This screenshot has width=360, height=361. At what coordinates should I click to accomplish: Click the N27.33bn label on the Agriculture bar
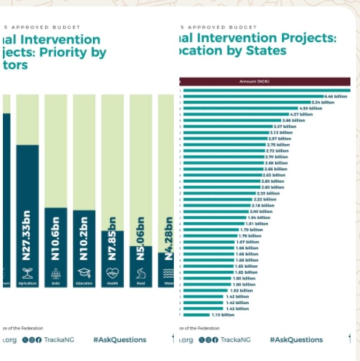click(x=27, y=235)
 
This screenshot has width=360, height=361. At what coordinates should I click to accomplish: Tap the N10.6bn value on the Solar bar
click(x=55, y=238)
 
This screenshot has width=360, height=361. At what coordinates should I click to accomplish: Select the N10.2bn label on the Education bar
click(x=83, y=238)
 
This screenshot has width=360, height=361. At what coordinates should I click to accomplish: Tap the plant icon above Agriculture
click(x=27, y=273)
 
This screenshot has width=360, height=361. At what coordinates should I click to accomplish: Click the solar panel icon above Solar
click(x=55, y=273)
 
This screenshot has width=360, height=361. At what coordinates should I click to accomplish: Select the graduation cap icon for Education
click(x=84, y=273)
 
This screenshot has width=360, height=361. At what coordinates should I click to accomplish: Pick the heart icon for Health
click(x=112, y=273)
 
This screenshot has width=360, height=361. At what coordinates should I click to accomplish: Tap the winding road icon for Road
click(x=141, y=273)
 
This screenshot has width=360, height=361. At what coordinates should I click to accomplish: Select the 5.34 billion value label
click(x=323, y=102)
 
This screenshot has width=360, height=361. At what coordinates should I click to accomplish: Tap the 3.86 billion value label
click(x=293, y=120)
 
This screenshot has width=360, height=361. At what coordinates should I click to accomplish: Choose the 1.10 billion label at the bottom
click(x=222, y=315)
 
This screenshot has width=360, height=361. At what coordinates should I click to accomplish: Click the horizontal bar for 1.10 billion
click(x=196, y=315)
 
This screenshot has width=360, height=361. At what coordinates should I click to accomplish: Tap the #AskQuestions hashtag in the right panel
click(x=296, y=339)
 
